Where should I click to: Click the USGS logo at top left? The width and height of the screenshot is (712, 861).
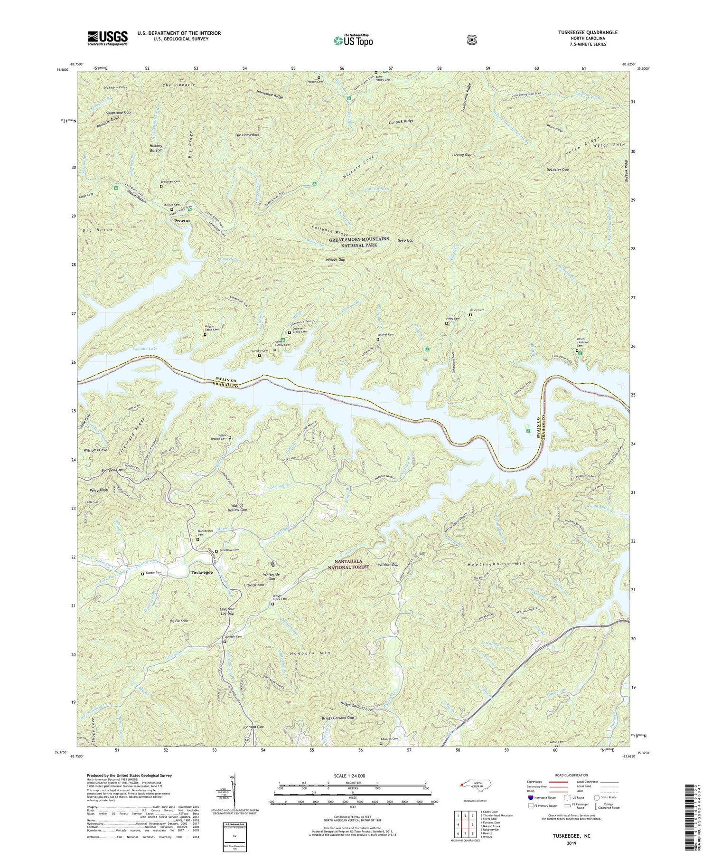(x=107, y=38)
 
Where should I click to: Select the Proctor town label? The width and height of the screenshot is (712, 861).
(x=182, y=221)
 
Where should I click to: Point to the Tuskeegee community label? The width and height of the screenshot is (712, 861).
(x=202, y=572)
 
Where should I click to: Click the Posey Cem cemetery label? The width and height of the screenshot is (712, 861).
(x=478, y=310)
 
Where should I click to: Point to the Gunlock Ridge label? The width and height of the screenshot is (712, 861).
(x=401, y=122)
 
